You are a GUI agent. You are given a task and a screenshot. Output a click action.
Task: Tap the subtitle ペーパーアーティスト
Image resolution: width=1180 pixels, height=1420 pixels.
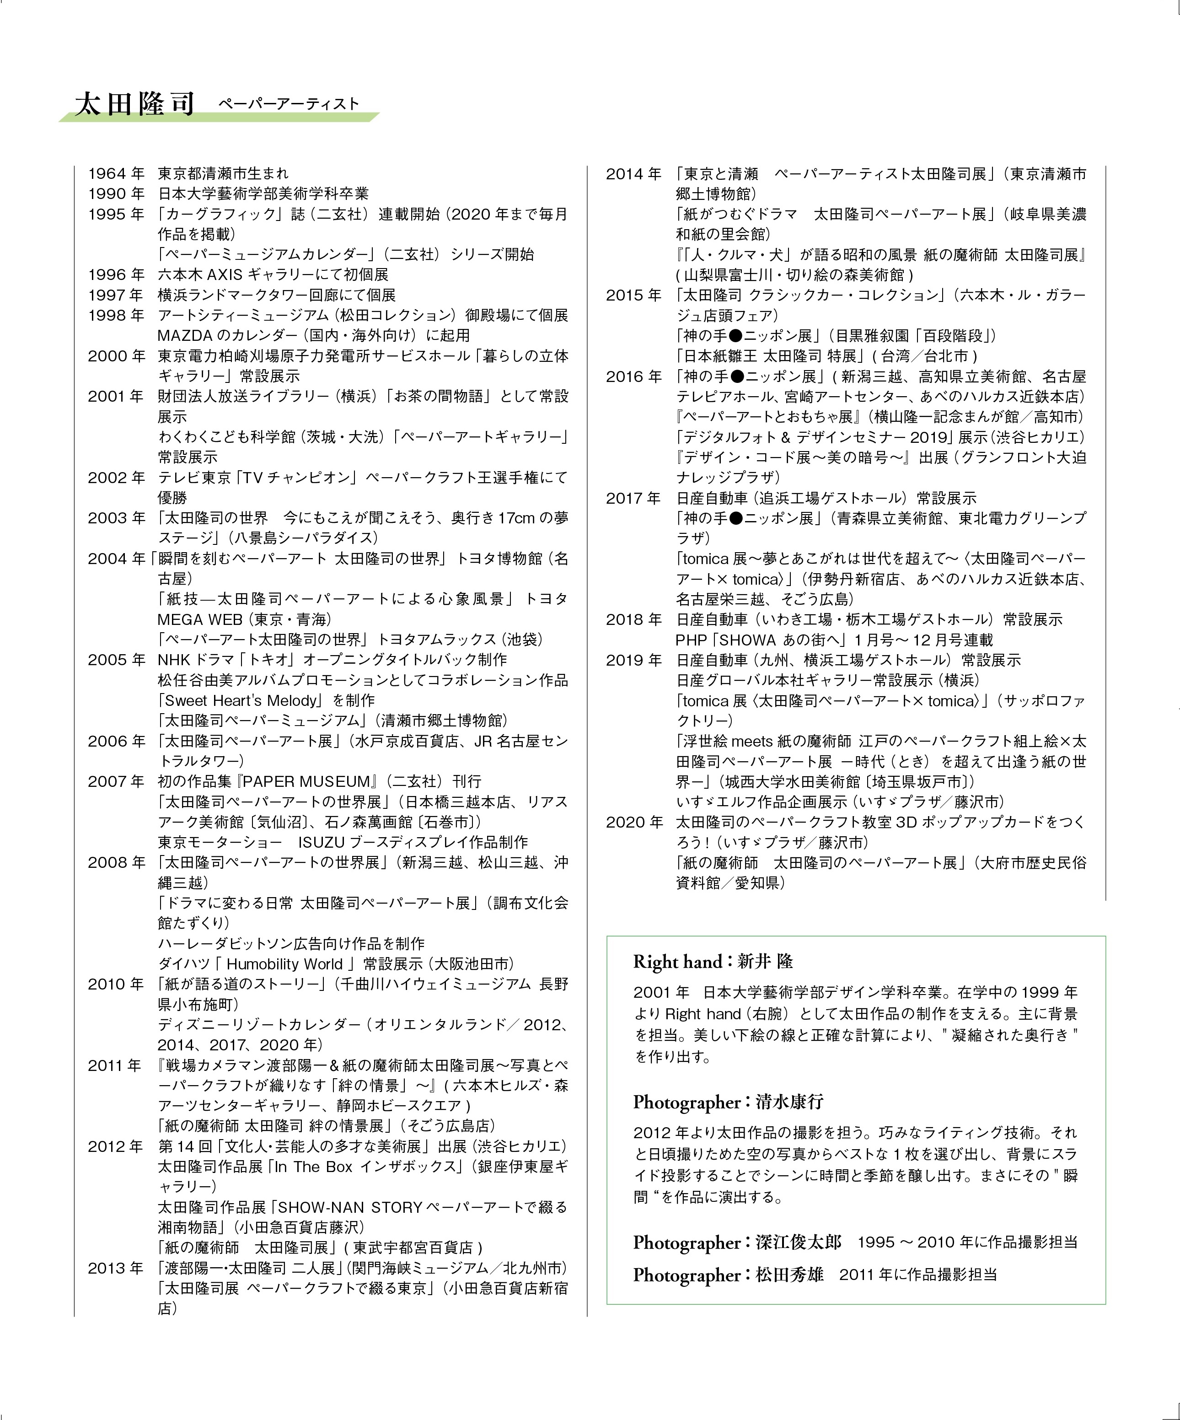pyautogui.click(x=288, y=103)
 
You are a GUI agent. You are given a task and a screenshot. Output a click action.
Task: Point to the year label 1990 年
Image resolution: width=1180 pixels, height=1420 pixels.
pyautogui.click(x=116, y=194)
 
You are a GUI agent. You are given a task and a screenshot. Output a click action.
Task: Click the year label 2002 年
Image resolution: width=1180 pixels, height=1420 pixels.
pyautogui.click(x=116, y=478)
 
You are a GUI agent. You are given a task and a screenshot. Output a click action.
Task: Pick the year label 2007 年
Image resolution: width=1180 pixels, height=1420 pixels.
pyautogui.click(x=116, y=781)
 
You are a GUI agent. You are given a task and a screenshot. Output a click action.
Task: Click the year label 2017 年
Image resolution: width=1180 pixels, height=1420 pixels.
pyautogui.click(x=633, y=498)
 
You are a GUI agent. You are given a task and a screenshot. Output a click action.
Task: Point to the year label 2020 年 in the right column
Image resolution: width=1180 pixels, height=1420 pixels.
pyautogui.click(x=633, y=822)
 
